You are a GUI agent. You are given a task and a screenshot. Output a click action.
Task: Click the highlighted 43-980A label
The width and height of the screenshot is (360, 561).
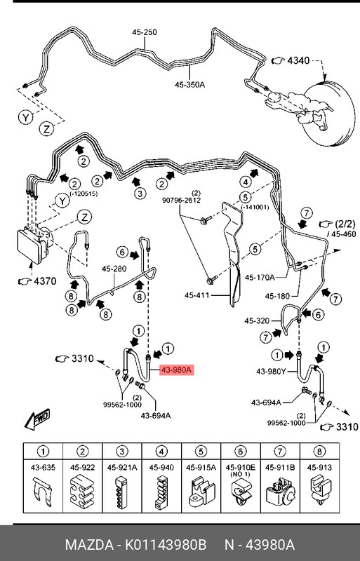(177, 370)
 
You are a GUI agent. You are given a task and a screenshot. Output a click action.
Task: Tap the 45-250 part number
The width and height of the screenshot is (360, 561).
(145, 32)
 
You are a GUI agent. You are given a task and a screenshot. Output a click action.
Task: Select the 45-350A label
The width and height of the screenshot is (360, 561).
(190, 85)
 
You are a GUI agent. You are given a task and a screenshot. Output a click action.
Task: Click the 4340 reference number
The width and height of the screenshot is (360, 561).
(298, 60)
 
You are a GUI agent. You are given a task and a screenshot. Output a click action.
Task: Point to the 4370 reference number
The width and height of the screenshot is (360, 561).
(45, 281)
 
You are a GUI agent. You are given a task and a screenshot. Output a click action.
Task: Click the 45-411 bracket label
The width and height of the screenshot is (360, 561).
(196, 295)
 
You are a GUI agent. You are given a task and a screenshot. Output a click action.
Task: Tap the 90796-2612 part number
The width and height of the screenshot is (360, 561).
(181, 201)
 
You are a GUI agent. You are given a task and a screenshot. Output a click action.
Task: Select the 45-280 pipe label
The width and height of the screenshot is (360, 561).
(114, 269)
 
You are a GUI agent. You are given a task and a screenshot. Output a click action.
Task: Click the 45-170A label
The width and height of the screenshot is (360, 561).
(260, 277)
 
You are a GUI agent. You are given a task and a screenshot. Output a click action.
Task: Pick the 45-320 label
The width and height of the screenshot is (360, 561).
(257, 320)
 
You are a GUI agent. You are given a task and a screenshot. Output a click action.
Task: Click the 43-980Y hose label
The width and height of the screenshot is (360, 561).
(271, 372)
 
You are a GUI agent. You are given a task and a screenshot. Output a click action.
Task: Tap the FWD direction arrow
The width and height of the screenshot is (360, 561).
(37, 419)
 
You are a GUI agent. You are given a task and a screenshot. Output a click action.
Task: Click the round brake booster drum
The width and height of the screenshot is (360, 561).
(330, 114)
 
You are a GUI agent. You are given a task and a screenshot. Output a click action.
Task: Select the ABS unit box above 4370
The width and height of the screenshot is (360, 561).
(34, 244)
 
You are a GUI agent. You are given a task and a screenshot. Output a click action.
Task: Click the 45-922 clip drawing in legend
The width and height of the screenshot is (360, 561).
(82, 493)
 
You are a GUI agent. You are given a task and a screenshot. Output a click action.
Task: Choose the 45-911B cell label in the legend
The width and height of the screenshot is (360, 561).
(280, 467)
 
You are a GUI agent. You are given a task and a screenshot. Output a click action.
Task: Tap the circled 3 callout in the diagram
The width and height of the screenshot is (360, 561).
(140, 194)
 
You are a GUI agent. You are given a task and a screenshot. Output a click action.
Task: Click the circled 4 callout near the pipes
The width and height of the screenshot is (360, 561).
(246, 182)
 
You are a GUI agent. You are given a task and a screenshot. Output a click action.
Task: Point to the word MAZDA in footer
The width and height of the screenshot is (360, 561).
(88, 545)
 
